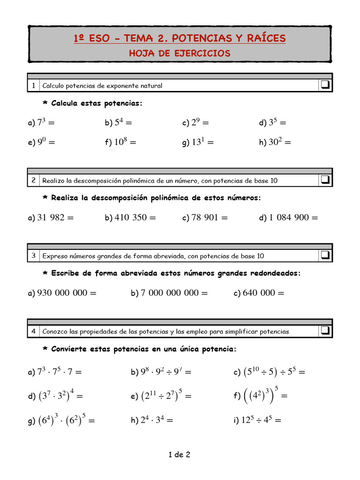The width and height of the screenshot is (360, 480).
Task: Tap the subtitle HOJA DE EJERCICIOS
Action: (180, 53)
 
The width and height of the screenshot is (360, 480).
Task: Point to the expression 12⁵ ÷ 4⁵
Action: (261, 420)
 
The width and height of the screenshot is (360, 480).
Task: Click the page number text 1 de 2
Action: (180, 454)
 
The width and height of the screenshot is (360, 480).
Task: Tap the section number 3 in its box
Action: (34, 255)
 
